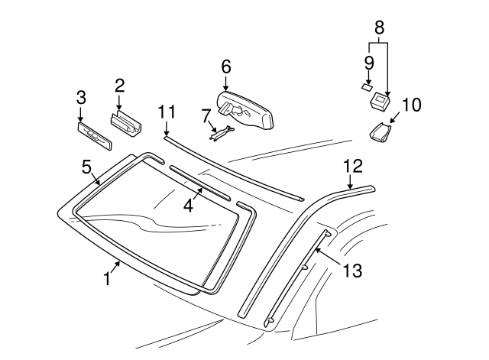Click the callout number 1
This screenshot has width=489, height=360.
point(108,280)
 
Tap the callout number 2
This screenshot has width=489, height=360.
point(119,85)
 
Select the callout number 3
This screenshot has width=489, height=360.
point(81,97)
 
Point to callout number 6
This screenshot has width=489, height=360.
point(225,66)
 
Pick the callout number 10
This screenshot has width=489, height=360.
point(411,105)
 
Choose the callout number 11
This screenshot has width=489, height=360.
point(167,112)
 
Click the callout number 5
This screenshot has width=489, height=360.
point(86,166)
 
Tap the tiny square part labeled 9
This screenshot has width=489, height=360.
point(366,86)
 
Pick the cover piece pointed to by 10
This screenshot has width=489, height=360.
point(380,133)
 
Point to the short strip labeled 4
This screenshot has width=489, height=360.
point(199,183)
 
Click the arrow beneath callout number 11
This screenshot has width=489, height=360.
point(167,129)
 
